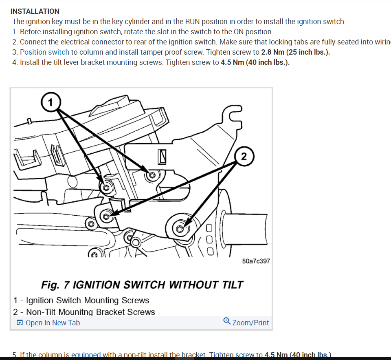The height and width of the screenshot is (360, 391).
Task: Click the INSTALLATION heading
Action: click(x=35, y=11)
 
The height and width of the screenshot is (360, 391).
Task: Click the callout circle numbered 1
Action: click(x=51, y=102)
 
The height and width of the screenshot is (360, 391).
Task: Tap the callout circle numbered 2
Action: click(x=244, y=156)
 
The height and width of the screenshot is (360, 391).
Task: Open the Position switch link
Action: click(x=44, y=52)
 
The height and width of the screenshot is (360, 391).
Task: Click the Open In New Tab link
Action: click(x=53, y=323)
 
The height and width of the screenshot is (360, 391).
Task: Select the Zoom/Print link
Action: click(x=250, y=323)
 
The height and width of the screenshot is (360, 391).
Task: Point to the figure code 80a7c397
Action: click(x=256, y=261)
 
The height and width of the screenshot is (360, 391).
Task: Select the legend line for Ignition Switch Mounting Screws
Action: click(x=81, y=300)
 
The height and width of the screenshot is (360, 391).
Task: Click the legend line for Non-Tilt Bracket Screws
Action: click(x=84, y=312)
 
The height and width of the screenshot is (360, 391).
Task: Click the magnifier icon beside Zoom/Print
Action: click(x=227, y=321)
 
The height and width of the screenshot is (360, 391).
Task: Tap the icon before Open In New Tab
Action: click(x=20, y=323)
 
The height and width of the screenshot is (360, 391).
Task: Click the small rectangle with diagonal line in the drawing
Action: click(x=162, y=156)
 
